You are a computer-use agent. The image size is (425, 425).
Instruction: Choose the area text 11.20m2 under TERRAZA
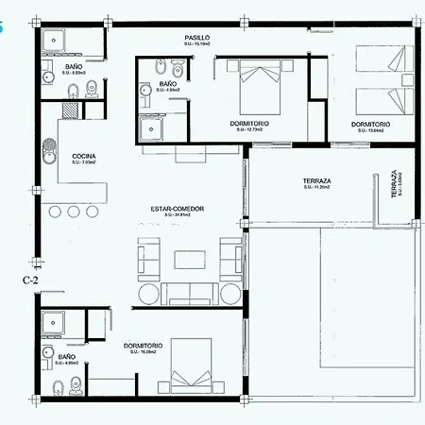316,187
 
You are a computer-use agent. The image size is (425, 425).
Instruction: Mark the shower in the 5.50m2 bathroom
53,39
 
